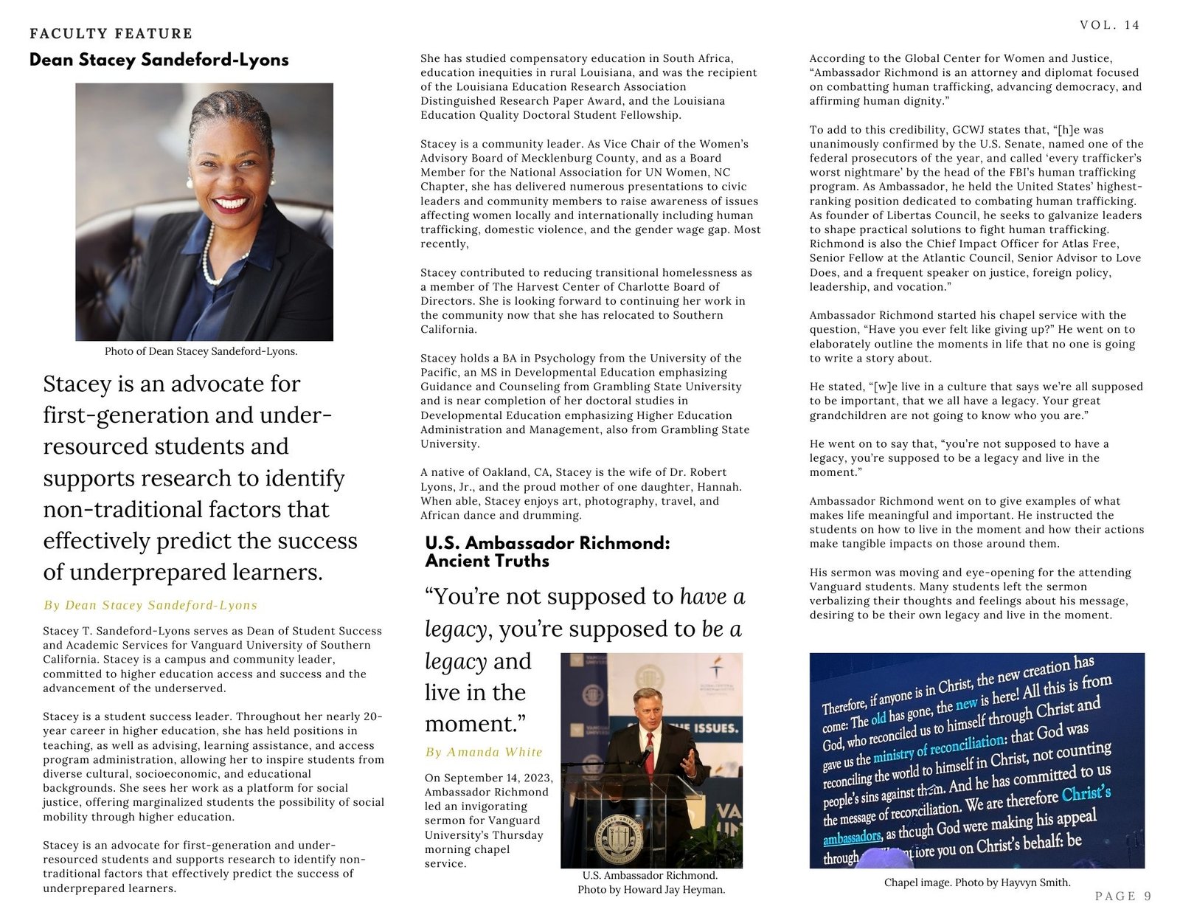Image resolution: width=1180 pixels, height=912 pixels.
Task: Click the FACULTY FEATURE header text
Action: [x=111, y=33]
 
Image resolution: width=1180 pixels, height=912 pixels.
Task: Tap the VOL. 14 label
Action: [x=1109, y=25]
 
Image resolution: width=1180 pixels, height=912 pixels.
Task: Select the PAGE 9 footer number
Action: [x=1122, y=896]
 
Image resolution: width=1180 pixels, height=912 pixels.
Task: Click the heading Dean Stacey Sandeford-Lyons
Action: [x=159, y=60]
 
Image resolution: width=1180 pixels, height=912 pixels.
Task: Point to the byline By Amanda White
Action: [x=483, y=752]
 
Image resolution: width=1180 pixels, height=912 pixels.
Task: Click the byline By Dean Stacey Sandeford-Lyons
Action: [x=150, y=605]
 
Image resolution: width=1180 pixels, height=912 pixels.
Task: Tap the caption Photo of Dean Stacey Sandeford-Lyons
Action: [x=201, y=351]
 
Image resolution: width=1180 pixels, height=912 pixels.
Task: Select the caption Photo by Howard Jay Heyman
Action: [x=651, y=889]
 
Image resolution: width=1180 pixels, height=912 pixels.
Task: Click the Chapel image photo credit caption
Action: [x=976, y=882]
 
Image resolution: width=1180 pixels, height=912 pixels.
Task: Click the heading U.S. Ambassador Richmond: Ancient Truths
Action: [x=547, y=552]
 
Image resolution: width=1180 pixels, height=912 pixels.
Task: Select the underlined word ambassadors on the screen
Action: [x=852, y=837]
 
